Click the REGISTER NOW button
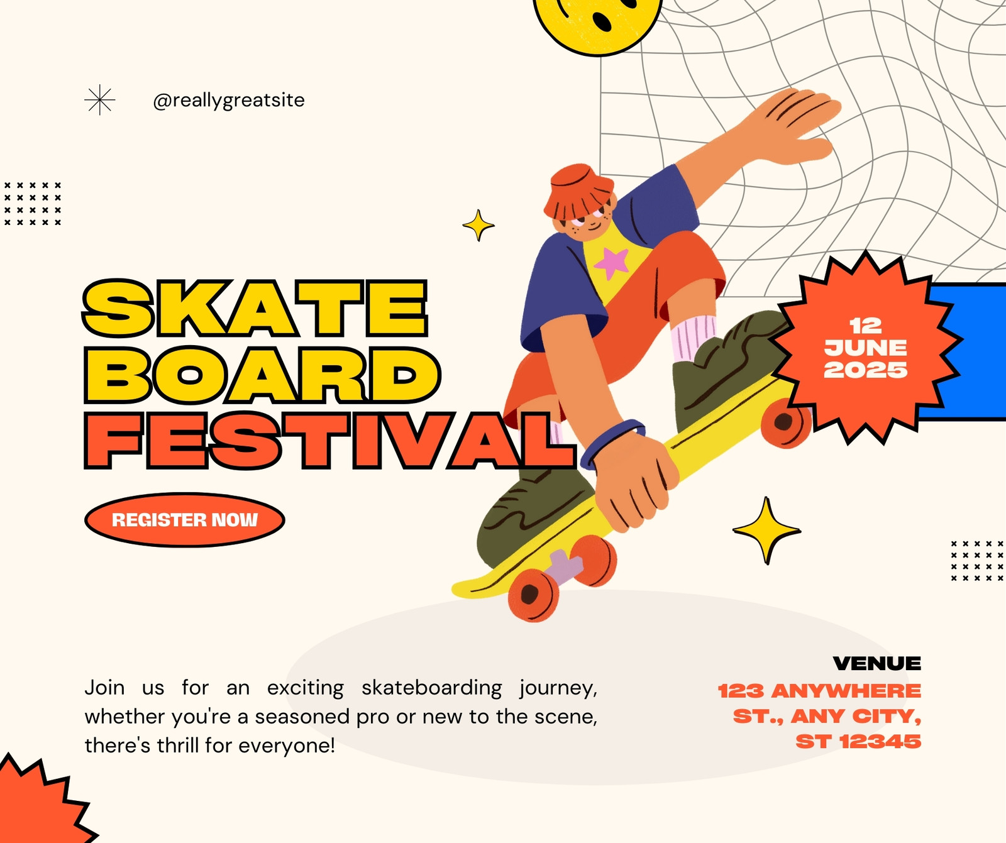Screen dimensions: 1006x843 (x=184, y=520)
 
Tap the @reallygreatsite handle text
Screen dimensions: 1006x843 (x=229, y=101)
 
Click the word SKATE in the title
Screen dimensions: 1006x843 (x=255, y=308)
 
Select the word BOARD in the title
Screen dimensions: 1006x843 (x=262, y=375)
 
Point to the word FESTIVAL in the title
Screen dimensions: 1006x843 (x=331, y=441)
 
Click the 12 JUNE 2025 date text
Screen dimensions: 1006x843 (x=866, y=348)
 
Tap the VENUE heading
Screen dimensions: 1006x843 (x=876, y=663)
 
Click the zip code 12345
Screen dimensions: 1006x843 (x=880, y=742)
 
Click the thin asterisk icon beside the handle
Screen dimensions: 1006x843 (x=100, y=101)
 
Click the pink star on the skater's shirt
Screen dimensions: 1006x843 (x=611, y=263)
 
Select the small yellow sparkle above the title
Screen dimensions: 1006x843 (x=478, y=225)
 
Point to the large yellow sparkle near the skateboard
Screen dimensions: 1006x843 (x=766, y=531)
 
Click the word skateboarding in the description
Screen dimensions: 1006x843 (x=432, y=688)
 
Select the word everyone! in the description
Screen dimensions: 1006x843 (x=287, y=746)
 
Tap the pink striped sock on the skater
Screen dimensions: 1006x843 (x=693, y=338)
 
